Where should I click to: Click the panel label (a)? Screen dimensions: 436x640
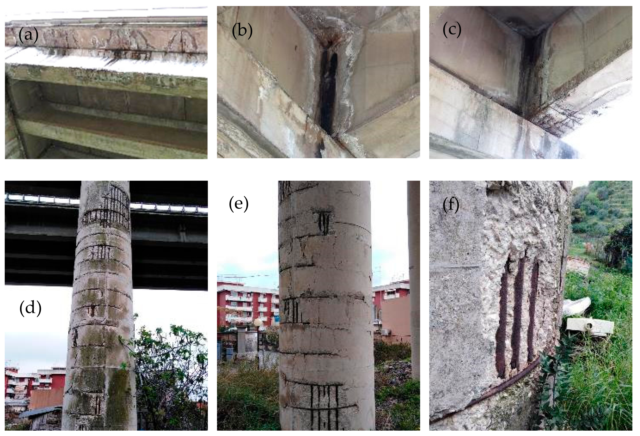[x=28, y=35]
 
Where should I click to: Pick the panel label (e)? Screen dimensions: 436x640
[x=238, y=204]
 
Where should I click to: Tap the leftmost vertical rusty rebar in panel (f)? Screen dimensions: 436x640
[x=503, y=319]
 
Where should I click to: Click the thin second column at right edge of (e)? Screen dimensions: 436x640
[x=414, y=275]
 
